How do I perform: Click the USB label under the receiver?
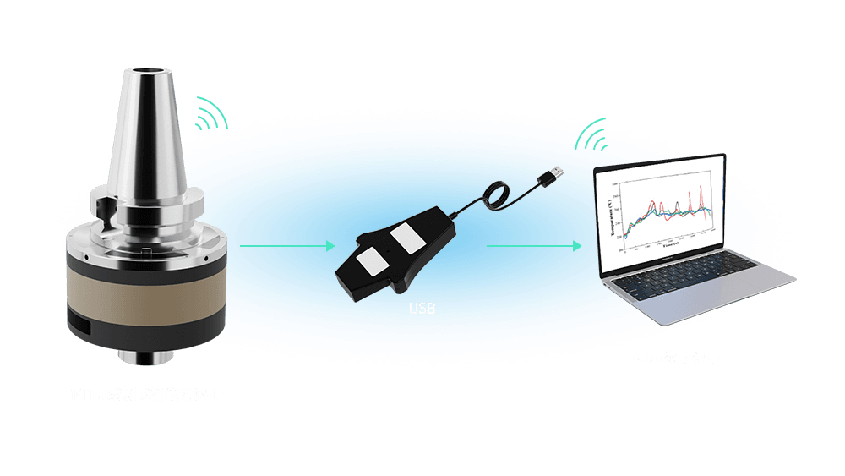422,309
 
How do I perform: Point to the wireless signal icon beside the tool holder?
212,113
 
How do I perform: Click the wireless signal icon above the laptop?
592,133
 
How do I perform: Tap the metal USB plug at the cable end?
553,174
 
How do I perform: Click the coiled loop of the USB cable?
493,197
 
